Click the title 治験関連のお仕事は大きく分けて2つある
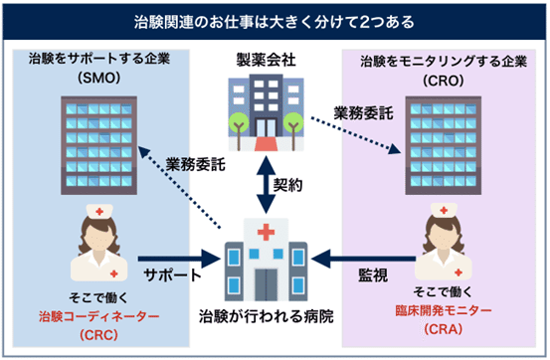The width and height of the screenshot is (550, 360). click(275, 20)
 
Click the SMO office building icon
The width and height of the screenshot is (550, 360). click(95, 134)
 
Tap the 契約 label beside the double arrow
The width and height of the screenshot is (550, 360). click(289, 185)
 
